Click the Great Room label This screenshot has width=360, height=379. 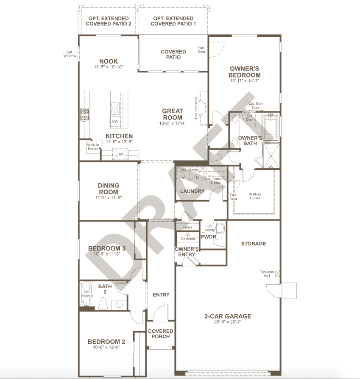tap(173, 114)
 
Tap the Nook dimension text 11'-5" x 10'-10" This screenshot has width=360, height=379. tap(109, 67)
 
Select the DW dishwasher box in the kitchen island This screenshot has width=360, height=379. tap(115, 121)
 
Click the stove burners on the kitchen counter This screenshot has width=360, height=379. tap(85, 114)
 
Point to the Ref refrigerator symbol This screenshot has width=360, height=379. tap(120, 154)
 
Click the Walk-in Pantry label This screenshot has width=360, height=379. tap(93, 147)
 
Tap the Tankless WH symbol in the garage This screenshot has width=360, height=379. tap(278, 274)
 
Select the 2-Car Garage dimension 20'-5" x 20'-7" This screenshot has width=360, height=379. tap(228, 322)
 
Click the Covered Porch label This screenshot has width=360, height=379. tap(161, 334)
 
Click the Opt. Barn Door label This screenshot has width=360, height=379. tap(256, 106)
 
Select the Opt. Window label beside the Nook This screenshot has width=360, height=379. tap(70, 54)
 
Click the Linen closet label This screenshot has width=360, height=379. tap(187, 227)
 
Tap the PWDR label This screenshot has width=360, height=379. tap(208, 237)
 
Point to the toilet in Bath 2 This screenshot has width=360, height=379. tap(103, 303)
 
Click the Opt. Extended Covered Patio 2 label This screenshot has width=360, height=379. tap(109, 21)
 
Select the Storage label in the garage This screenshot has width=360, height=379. tap(254, 244)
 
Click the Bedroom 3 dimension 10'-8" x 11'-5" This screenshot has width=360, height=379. tap(106, 254)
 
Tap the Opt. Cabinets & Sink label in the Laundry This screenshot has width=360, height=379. tap(216, 181)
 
